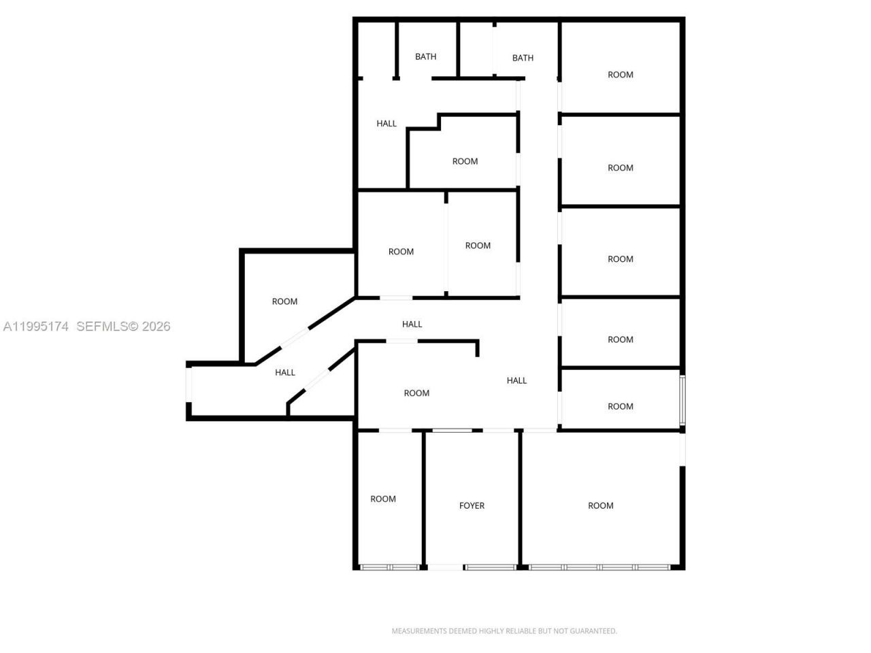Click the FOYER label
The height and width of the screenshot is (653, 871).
coord(472,505)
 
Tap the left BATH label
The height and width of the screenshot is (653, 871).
coord(426,56)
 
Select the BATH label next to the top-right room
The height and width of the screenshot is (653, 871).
coord(523,58)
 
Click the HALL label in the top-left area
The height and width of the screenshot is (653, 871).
coord(387,123)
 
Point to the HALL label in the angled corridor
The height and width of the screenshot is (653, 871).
coord(285,372)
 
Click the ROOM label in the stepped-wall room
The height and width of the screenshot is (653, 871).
coord(465,161)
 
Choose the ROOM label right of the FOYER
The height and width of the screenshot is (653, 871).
coord(600,505)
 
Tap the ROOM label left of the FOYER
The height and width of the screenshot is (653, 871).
coord(383,499)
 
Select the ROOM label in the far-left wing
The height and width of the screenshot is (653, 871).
coord(284,301)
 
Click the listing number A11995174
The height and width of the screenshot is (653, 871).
coord(36,326)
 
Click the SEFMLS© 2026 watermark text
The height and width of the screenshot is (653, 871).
coord(123,326)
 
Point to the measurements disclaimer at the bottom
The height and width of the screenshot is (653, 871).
coord(504,631)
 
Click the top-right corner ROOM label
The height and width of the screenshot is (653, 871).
coord(620,75)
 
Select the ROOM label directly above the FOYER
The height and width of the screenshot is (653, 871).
coord(416,393)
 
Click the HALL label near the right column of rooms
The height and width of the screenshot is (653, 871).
coord(516,380)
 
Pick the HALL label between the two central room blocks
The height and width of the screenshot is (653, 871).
coord(412,324)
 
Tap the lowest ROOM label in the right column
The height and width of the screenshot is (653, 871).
coord(620,406)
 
